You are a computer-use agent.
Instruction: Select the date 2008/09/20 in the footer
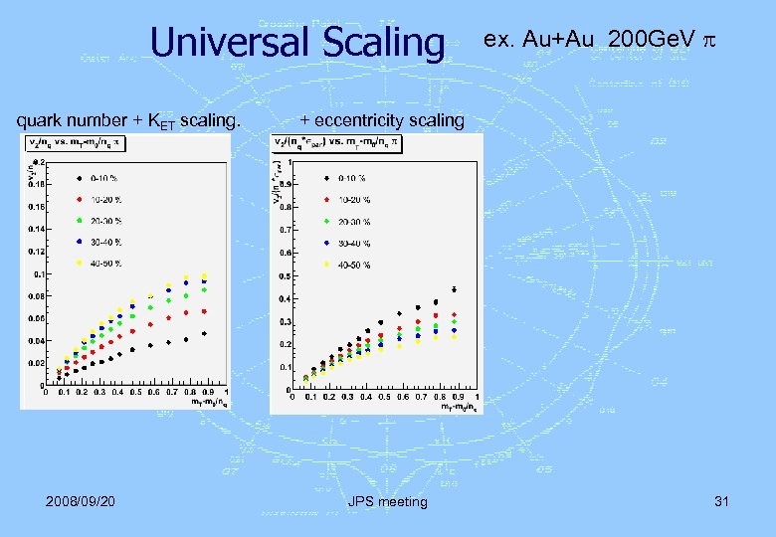coord(81,501)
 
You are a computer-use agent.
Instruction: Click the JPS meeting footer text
coord(388,501)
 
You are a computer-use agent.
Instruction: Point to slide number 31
coord(721,501)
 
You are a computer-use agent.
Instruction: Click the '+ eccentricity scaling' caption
coord(382,120)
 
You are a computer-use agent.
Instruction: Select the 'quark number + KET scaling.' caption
coord(128,120)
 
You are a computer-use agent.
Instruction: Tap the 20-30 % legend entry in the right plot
coord(343,221)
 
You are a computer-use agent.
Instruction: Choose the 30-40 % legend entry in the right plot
coord(343,242)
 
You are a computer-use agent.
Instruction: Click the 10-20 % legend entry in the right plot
coord(343,199)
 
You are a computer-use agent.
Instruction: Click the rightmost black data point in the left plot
coord(204,334)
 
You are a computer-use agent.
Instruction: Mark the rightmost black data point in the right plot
coord(454,290)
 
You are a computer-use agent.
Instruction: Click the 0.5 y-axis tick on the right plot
coord(284,275)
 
